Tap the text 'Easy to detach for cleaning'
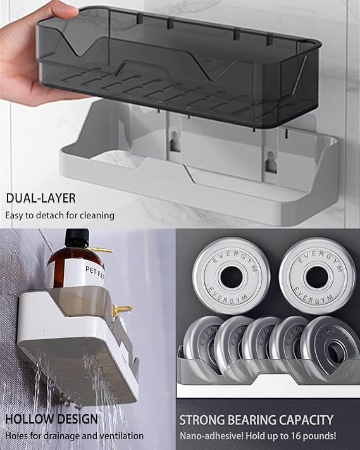click(x=60, y=215)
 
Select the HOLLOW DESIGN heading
click(x=51, y=419)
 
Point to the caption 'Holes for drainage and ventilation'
click(x=74, y=435)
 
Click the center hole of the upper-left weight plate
click(x=232, y=277)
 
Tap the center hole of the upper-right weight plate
click(x=316, y=275)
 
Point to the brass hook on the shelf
click(x=121, y=309)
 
